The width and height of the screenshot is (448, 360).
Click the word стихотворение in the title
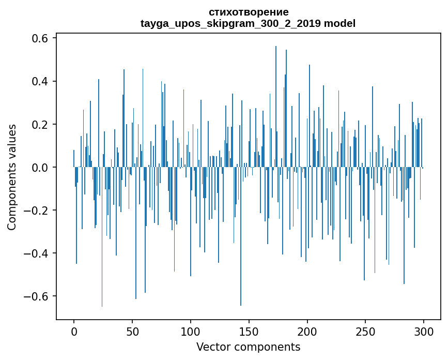coord(249,12)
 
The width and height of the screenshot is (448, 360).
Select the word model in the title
coord(339,23)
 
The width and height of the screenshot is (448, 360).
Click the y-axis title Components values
coord(11,177)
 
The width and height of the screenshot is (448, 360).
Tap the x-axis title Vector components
coord(248,347)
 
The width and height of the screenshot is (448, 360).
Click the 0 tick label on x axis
coord(74,331)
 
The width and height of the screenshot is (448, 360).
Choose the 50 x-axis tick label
coord(132,331)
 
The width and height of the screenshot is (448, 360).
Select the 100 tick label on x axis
coord(191,331)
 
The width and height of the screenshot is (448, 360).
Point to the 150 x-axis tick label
coord(249,331)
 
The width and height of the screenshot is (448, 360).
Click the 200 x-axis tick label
coord(307,331)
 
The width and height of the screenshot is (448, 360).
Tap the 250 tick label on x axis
coord(366,331)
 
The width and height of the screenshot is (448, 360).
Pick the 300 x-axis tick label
coord(424,331)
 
